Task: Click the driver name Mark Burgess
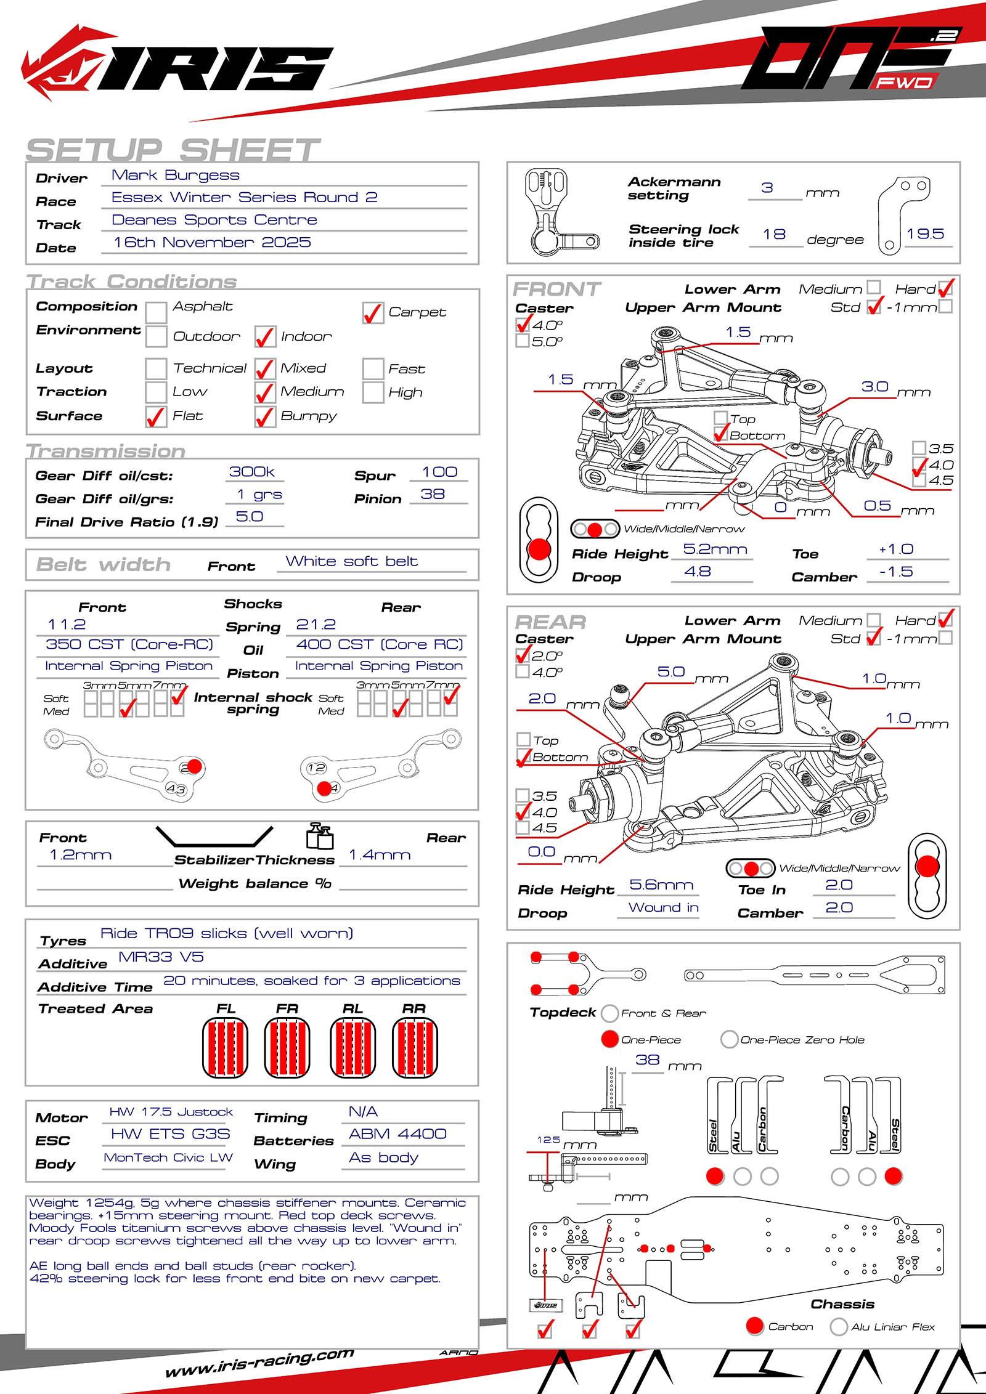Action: (176, 176)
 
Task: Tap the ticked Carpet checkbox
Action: (373, 314)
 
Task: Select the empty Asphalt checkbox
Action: (156, 312)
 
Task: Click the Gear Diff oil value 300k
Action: (252, 472)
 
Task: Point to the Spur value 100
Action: (439, 472)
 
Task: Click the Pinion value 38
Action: (433, 495)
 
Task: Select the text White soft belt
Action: (352, 562)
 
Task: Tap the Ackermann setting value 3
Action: (767, 188)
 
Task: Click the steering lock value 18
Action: (774, 235)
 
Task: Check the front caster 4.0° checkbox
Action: (523, 324)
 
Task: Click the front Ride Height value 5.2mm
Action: (715, 549)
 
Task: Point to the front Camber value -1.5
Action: (896, 572)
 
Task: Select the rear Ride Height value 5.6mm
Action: (661, 885)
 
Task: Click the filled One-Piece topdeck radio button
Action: (609, 1039)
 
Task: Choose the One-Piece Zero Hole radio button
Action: (729, 1039)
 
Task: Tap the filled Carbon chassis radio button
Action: (755, 1326)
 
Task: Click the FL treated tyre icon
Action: (226, 1048)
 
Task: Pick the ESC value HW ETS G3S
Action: (170, 1134)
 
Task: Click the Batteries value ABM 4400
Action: (397, 1134)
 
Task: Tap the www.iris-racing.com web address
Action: (259, 1362)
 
